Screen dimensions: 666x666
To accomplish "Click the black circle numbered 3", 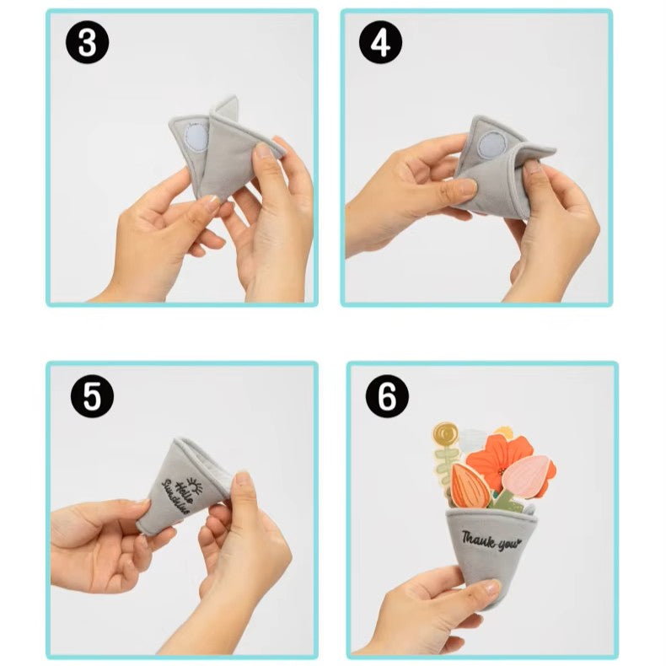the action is click(x=87, y=42).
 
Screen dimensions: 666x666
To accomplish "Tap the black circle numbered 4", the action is click(x=380, y=42).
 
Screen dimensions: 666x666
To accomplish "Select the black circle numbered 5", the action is click(x=92, y=396).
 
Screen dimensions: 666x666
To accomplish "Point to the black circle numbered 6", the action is click(x=387, y=396).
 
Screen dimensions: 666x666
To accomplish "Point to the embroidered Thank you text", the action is click(x=491, y=540).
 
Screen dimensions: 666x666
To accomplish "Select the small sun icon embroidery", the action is click(x=195, y=485).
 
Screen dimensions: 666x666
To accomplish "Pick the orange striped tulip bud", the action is click(x=469, y=486).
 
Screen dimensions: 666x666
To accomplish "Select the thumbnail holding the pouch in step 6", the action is click(x=491, y=588).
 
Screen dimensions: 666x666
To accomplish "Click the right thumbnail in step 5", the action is click(x=243, y=479).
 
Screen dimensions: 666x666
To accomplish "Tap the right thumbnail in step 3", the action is click(x=264, y=151).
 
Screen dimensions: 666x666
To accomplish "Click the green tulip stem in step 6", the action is click(x=506, y=499).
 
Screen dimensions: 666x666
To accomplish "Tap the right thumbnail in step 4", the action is click(x=532, y=167).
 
